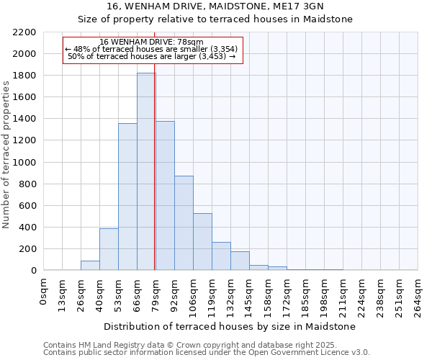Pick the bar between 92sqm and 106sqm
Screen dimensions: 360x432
pos(184,223)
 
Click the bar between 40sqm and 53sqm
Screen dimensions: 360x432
pos(109,249)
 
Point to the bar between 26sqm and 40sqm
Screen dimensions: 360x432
pos(90,266)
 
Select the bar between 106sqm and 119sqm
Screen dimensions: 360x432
pos(202,242)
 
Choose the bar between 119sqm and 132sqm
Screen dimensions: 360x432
pos(221,256)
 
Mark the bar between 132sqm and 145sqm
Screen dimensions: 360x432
pos(240,261)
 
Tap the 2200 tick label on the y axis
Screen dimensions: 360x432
pos(24,32)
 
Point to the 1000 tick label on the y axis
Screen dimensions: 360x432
pos(24,163)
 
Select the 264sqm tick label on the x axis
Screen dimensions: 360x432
pos(418,294)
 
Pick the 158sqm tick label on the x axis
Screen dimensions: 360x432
pos(269,294)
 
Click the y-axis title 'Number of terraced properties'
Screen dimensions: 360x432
pos(6,155)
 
